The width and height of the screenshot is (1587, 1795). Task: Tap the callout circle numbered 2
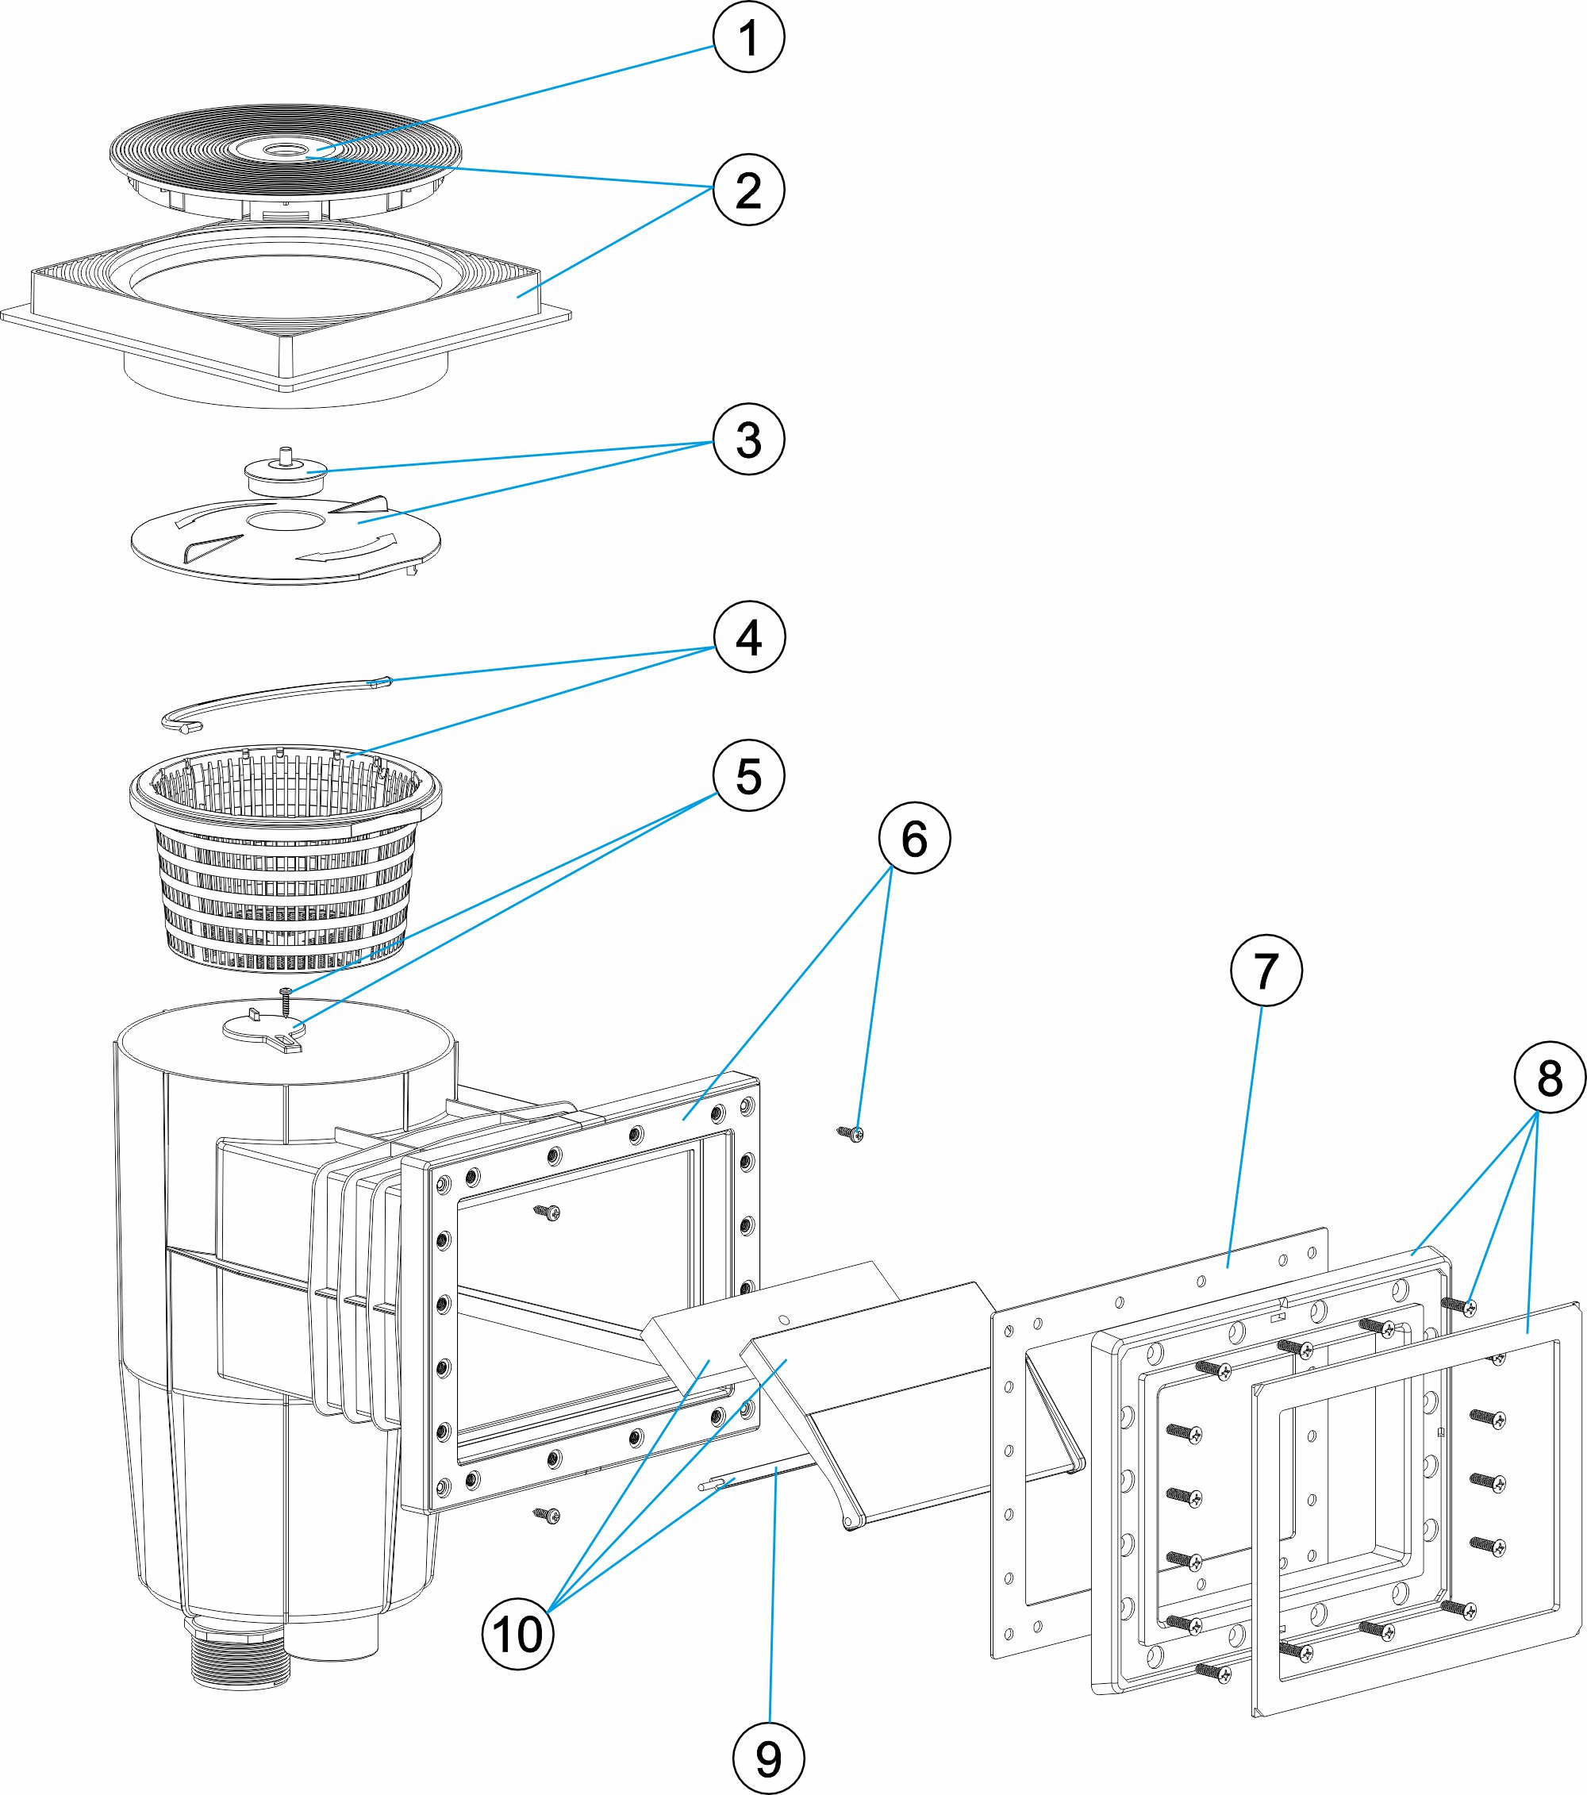click(x=748, y=190)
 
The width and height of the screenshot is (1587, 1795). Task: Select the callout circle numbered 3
click(x=748, y=439)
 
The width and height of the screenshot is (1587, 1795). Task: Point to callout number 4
click(x=749, y=636)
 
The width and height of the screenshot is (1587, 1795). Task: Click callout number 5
click(x=748, y=775)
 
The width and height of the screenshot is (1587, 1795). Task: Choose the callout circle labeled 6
click(x=914, y=838)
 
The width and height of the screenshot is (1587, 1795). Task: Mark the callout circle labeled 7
click(x=1266, y=971)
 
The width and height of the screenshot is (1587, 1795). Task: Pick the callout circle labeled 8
click(x=1550, y=1078)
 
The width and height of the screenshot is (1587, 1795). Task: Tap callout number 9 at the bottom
click(x=768, y=1759)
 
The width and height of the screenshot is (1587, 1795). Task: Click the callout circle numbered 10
click(x=518, y=1634)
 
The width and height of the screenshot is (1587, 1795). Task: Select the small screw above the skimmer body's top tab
click(x=286, y=998)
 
